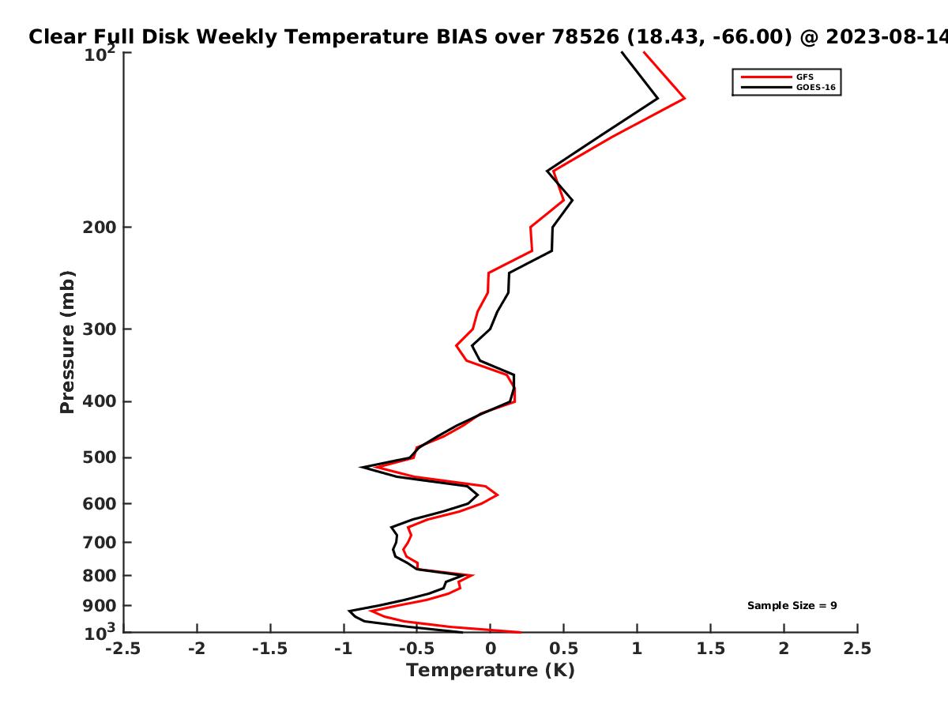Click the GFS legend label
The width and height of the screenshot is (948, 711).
point(804,77)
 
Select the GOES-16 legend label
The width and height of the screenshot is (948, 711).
point(815,88)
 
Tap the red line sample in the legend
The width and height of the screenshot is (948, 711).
point(766,77)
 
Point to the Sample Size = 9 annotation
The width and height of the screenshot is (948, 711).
point(792,606)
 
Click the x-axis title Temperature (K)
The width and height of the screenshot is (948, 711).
point(491,671)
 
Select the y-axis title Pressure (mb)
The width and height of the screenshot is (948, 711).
point(67,342)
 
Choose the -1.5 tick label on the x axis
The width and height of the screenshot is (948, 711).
point(270,649)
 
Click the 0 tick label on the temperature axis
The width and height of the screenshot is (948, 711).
point(491,649)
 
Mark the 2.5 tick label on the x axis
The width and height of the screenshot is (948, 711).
point(857,649)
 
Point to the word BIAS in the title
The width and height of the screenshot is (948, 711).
point(461,37)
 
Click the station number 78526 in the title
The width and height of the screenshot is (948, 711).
point(585,37)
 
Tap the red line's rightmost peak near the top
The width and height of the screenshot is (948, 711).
point(684,99)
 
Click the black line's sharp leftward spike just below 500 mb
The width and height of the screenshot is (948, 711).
point(362,467)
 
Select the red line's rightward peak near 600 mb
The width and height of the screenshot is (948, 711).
point(498,495)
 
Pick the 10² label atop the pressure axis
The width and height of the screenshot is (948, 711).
point(100,53)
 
